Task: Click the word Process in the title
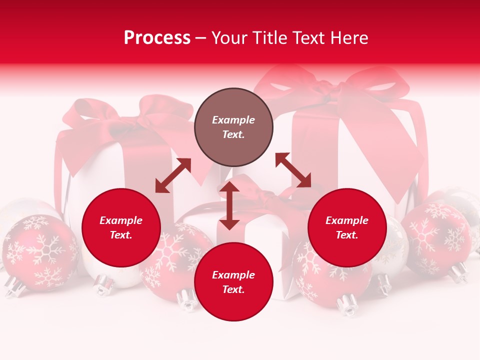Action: tap(157, 38)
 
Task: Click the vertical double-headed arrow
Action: tap(229, 205)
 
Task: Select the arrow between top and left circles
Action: tap(173, 175)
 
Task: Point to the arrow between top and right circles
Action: tap(293, 170)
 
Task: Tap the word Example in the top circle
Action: tap(233, 120)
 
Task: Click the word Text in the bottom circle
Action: tap(233, 289)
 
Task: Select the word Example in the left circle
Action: tap(121, 220)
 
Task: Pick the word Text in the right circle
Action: tap(347, 235)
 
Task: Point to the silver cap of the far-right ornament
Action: tap(457, 272)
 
